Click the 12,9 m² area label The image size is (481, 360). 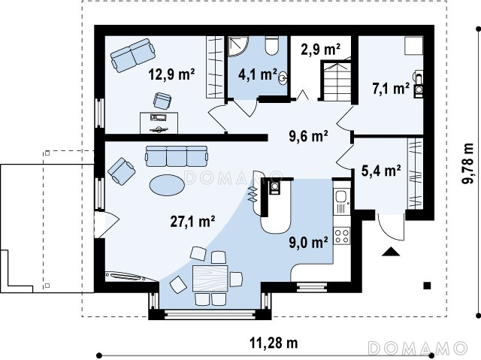[x=171, y=74]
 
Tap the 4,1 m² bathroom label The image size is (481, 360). [x=257, y=74]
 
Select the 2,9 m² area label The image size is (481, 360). [x=321, y=49]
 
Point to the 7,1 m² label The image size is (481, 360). [x=391, y=89]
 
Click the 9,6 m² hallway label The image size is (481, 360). [x=309, y=136]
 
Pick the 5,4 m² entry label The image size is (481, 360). [x=381, y=171]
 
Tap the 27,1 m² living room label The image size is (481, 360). [x=192, y=222]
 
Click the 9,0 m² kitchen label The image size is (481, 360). [x=308, y=242]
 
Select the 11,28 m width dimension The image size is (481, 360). [x=274, y=343]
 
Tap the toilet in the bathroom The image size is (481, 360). [x=271, y=45]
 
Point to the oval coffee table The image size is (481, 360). [x=167, y=185]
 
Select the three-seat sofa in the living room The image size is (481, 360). [x=176, y=156]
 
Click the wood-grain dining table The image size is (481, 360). [x=210, y=278]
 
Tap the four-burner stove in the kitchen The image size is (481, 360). [x=342, y=236]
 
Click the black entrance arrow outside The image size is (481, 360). [x=391, y=251]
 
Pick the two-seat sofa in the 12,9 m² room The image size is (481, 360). [x=133, y=55]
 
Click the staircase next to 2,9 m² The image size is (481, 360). [x=336, y=81]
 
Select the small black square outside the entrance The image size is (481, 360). [x=427, y=286]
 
